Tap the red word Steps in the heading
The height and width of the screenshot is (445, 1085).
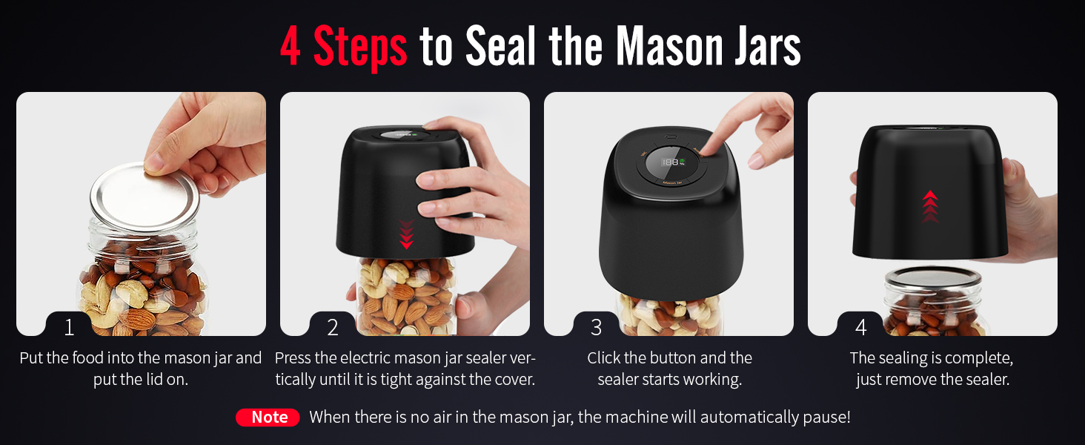coord(360,48)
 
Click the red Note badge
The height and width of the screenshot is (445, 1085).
coord(268,417)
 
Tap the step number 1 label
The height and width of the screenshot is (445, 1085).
coord(69,327)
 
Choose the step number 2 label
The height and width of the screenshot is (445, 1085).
coord(332,327)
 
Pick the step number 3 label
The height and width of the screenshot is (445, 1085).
coord(597,327)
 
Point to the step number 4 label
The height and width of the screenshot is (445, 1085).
coord(860,327)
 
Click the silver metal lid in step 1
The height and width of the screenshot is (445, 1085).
coord(145,197)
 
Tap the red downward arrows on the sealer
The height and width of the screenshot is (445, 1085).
coord(406,234)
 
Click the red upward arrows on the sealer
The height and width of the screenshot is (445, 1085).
coord(930,206)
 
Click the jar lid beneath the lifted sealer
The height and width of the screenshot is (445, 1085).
coord(933,277)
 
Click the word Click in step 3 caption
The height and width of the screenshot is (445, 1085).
coord(603,357)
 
